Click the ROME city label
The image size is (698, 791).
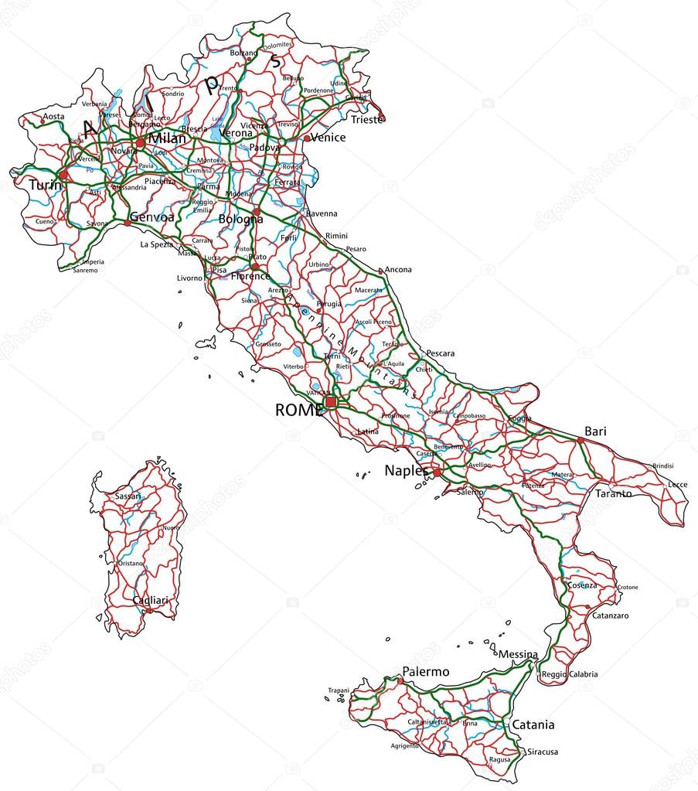tap(298, 411)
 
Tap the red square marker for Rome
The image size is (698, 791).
tap(331, 402)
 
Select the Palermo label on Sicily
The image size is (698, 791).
tap(425, 672)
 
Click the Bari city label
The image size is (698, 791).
tap(595, 431)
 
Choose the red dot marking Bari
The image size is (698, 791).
tap(581, 440)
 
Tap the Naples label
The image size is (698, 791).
tap(406, 470)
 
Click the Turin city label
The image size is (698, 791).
tap(45, 186)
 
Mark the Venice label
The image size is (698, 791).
tap(328, 138)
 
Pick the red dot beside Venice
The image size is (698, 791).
tap(307, 138)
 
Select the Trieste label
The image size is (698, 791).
tap(366, 120)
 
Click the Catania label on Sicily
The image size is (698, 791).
tap(533, 725)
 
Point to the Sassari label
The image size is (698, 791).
tap(128, 496)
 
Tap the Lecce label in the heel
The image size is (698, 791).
tap(677, 484)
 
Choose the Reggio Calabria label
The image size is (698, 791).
tap(570, 674)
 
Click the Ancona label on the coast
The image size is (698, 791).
tap(398, 270)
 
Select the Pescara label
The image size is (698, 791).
tap(440, 353)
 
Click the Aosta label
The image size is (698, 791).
tap(53, 117)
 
